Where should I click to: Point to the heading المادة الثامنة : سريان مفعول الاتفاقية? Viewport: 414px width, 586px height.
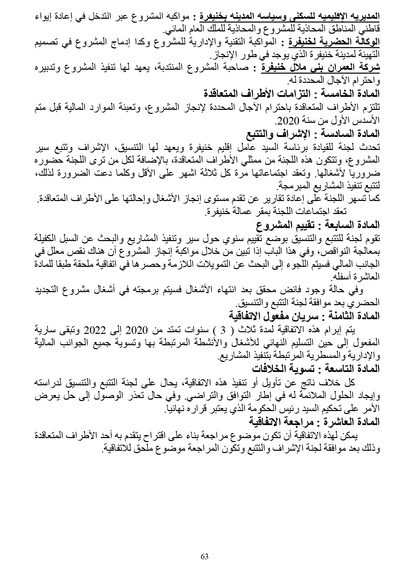point(304,316)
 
